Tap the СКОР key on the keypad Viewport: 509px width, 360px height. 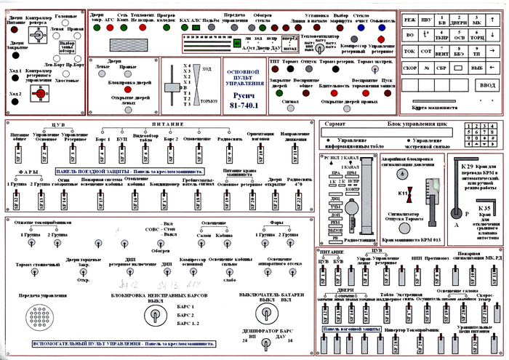[409, 68]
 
